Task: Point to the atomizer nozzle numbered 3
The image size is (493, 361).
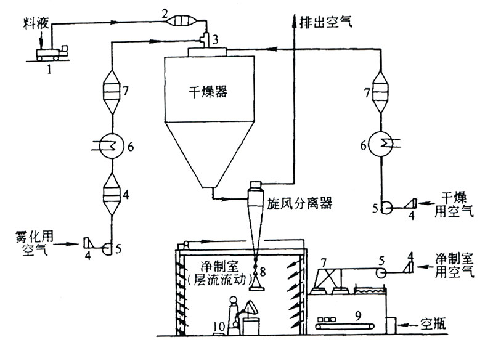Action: point(208,39)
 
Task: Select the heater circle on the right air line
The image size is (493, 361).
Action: point(381,147)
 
